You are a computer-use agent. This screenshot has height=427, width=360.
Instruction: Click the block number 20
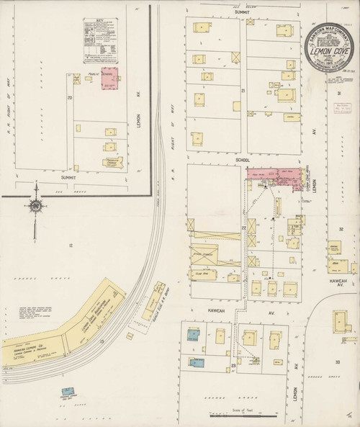70,96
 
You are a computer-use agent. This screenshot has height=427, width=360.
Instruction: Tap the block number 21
243,90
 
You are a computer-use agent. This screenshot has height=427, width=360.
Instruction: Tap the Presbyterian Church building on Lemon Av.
112,163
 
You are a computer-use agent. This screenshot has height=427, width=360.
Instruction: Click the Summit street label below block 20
68,177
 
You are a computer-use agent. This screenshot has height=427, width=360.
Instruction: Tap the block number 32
340,229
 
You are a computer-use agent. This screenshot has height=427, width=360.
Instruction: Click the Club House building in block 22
202,274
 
